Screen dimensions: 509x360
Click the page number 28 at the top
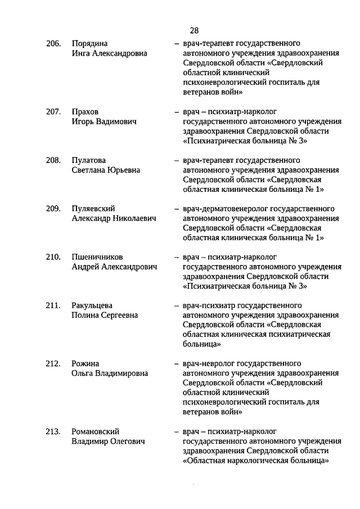(194, 30)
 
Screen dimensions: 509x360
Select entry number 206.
(53, 43)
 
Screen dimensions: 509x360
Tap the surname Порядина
(90, 43)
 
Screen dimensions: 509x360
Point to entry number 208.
(53, 160)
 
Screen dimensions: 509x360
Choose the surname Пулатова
(89, 160)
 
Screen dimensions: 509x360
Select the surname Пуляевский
(93, 208)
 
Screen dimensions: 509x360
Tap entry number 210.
(53, 257)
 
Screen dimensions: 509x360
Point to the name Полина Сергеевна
(105, 316)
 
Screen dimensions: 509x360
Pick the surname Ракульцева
(92, 305)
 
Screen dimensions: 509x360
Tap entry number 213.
(53, 431)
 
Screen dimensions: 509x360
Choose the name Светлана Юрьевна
(106, 170)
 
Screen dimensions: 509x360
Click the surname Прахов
(85, 111)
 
